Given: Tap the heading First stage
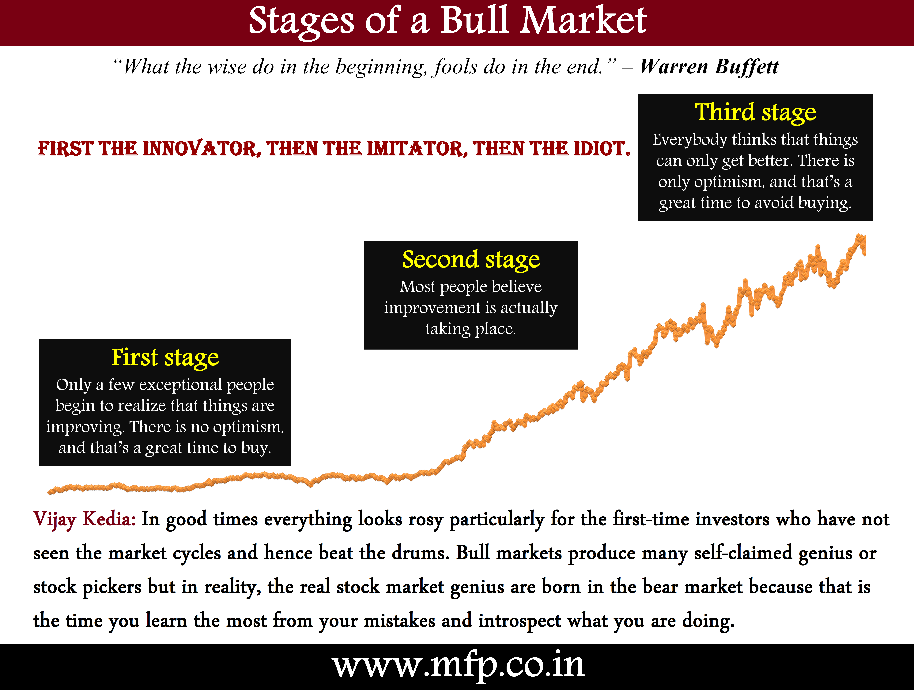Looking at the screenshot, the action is [x=165, y=358].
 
